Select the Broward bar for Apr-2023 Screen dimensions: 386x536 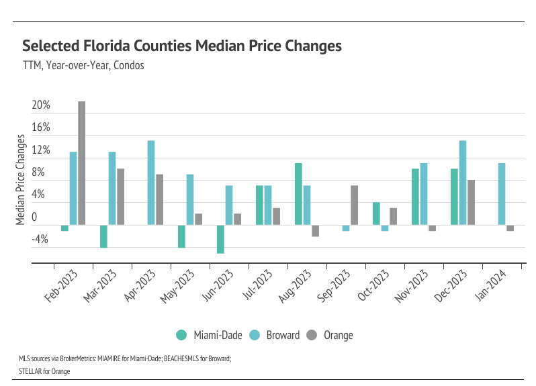coord(151,183)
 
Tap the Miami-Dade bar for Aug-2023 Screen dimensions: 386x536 coord(298,194)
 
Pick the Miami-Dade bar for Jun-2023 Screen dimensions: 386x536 coord(220,239)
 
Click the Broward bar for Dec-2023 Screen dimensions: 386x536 coord(463,183)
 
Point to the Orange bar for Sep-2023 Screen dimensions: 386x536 coord(354,205)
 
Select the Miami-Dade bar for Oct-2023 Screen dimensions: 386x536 coord(376,213)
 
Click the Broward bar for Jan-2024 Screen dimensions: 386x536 coord(501,194)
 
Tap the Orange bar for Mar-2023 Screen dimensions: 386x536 coord(120,197)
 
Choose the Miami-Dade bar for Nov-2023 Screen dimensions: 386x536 coord(415,197)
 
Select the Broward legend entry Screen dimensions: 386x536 coord(275,335)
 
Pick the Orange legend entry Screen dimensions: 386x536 coord(330,335)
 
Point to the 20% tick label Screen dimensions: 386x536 coord(41,105)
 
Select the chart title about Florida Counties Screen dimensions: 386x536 coord(182,46)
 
